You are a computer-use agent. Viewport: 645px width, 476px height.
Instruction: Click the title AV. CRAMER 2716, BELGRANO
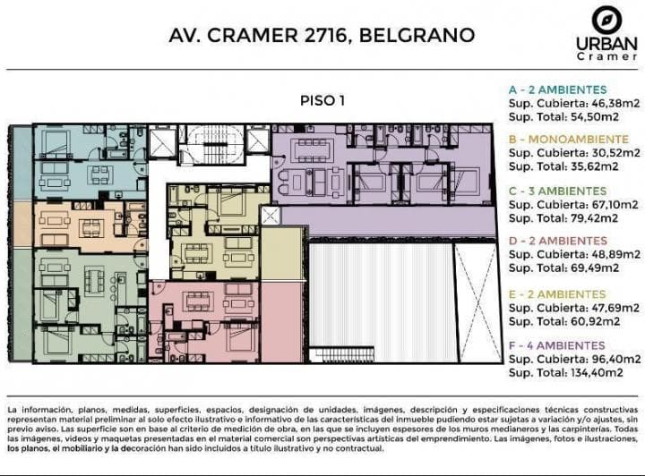[322, 36]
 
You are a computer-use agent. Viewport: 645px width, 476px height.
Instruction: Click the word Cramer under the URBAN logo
[606, 55]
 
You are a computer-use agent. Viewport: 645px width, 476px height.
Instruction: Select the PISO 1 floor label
[322, 100]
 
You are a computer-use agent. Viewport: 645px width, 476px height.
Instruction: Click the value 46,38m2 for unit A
[609, 103]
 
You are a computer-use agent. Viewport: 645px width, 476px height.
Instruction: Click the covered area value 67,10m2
[609, 205]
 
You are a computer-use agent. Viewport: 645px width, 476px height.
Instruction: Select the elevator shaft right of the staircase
[256, 140]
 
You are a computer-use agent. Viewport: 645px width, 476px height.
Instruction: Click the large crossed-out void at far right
[475, 301]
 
